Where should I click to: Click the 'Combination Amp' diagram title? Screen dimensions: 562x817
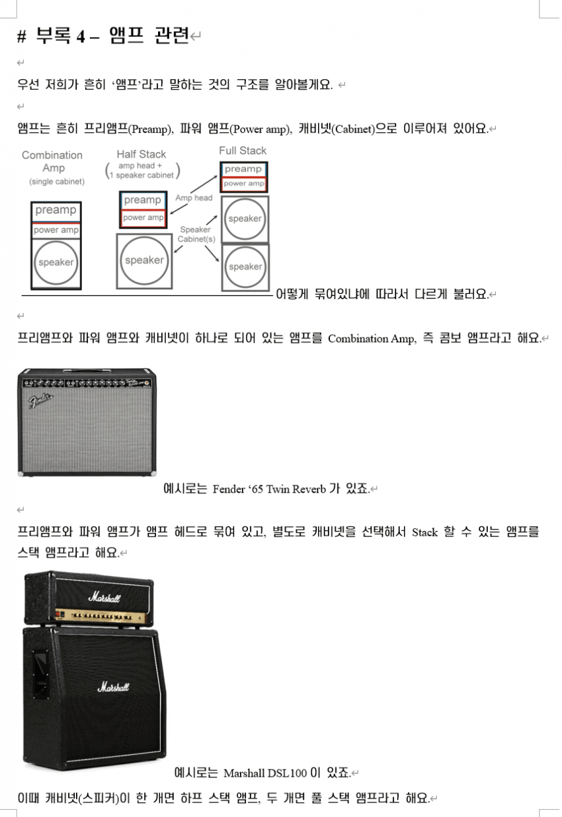click(52, 161)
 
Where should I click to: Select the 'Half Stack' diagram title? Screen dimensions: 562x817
click(141, 155)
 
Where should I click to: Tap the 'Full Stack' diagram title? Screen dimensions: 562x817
click(243, 151)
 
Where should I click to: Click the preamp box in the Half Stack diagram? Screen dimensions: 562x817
click(143, 200)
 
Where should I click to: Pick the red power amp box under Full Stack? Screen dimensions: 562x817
click(244, 184)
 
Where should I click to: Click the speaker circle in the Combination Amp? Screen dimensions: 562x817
click(56, 263)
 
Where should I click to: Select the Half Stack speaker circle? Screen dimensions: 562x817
click(144, 260)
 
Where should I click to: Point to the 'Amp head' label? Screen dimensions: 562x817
click(194, 197)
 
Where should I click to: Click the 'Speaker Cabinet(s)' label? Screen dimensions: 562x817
click(196, 234)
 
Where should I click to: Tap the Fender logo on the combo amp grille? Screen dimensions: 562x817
click(40, 400)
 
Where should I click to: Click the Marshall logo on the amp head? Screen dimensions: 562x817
click(104, 598)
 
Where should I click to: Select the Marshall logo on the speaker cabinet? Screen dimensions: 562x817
click(113, 687)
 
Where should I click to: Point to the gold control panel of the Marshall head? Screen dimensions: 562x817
click(101, 616)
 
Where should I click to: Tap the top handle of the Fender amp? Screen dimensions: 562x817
click(87, 371)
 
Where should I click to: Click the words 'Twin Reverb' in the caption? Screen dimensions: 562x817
click(296, 489)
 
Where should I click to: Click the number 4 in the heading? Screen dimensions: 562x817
click(81, 36)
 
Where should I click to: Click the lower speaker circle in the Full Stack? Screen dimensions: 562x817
click(245, 267)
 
